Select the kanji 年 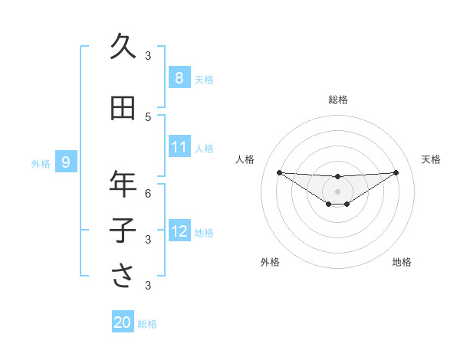[x=123, y=184]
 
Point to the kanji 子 [x=123, y=231]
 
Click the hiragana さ [x=123, y=276]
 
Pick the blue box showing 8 [x=179, y=78]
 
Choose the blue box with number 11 [x=179, y=148]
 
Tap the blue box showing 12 [x=179, y=231]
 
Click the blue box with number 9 [x=66, y=162]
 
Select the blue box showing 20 [x=123, y=323]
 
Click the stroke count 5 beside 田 [x=148, y=117]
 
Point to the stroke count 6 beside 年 [x=148, y=193]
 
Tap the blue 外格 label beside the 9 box [x=41, y=163]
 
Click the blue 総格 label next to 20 [x=147, y=324]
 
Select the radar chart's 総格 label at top [x=337, y=100]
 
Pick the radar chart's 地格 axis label [x=402, y=262]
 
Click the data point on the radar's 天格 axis [x=396, y=172]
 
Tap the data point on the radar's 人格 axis [x=279, y=172]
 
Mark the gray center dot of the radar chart [x=337, y=191]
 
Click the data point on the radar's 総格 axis [x=337, y=177]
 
